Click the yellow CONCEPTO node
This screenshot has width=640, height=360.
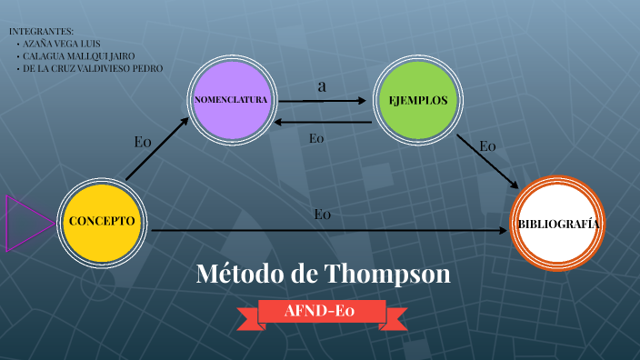point(102,222)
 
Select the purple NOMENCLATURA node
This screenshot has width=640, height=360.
point(230,99)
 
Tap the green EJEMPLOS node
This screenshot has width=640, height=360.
point(417,100)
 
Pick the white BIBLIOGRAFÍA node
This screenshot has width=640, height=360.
point(558,224)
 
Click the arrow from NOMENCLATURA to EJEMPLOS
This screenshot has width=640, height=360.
point(325,101)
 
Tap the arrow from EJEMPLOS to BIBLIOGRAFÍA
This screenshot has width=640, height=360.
point(487,160)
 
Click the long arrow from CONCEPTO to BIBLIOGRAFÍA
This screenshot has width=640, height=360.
point(327,231)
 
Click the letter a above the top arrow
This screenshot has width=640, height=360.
point(322,86)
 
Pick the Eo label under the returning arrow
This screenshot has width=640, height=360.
point(316,138)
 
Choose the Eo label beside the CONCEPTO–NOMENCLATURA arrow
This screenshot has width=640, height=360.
point(142,141)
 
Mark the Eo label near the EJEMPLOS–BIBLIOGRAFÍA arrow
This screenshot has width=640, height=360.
point(488,145)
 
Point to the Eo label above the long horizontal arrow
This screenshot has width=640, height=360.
point(322,215)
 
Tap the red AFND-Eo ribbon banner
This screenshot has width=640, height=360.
point(320,312)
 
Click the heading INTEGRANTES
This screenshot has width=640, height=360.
point(41,32)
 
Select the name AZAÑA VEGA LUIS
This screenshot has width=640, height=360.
point(63,44)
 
